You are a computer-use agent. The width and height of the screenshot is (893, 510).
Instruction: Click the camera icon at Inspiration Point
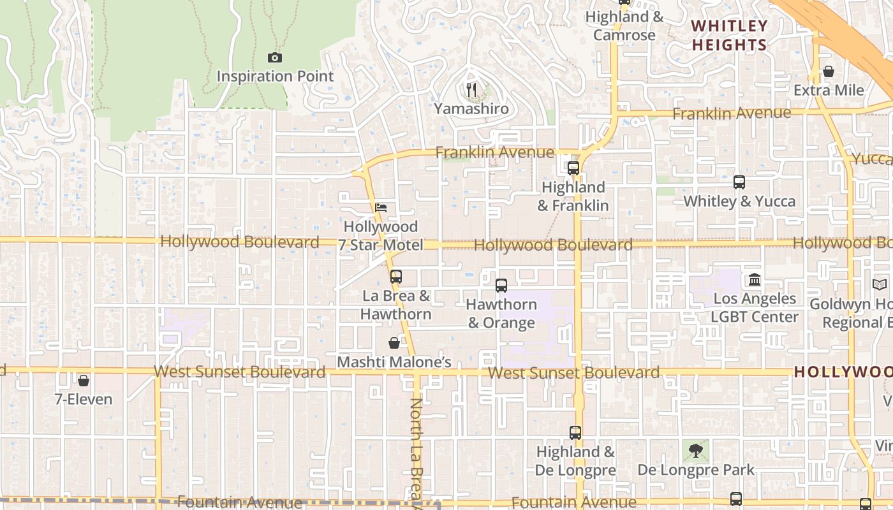click(x=275, y=58)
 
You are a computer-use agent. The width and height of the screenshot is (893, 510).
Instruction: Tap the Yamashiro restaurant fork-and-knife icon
click(x=471, y=90)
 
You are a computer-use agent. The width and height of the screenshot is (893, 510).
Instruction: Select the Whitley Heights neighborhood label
click(x=730, y=35)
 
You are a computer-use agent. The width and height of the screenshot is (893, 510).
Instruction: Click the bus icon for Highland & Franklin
click(x=573, y=168)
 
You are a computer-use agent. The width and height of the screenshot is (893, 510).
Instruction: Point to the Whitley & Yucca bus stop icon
click(x=739, y=182)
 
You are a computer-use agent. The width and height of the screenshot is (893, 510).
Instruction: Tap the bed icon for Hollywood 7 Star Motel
click(x=381, y=208)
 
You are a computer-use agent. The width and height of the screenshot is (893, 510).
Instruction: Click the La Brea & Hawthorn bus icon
click(x=396, y=277)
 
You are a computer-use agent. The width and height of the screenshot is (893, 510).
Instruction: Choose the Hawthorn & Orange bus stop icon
click(x=501, y=285)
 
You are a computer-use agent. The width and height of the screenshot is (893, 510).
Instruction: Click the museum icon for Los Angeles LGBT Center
click(x=755, y=279)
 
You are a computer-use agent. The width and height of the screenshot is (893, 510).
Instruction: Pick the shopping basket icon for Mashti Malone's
click(x=394, y=343)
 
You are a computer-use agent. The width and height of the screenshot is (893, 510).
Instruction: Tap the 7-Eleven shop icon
click(x=83, y=381)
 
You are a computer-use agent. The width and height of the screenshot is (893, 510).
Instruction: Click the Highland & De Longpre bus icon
click(x=575, y=433)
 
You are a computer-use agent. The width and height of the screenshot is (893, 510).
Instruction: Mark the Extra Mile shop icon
click(x=829, y=71)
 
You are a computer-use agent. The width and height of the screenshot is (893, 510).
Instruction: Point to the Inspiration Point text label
click(x=275, y=76)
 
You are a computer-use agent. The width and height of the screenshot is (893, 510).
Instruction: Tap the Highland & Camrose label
click(x=624, y=26)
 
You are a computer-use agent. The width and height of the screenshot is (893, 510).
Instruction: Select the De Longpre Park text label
click(x=696, y=470)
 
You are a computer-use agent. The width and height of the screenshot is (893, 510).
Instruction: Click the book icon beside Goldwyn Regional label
click(x=880, y=285)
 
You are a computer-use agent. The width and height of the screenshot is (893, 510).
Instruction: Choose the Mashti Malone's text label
click(x=394, y=362)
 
